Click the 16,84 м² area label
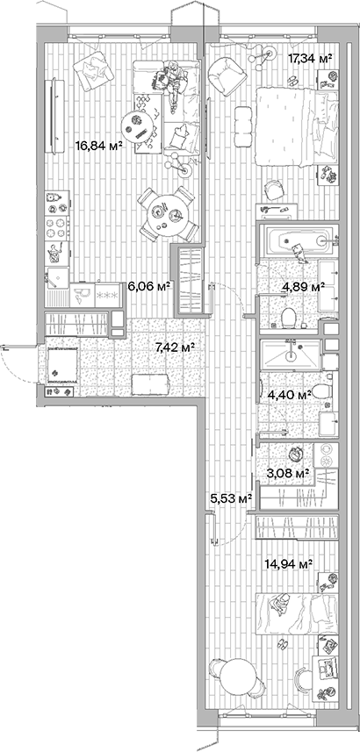pos(98,146)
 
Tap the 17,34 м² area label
pos(310,58)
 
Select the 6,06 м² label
pos(148,286)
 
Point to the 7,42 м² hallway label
pos(174,347)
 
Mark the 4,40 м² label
pos(291,396)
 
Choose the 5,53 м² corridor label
pos(231,498)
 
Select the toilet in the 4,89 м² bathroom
pos(285,317)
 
